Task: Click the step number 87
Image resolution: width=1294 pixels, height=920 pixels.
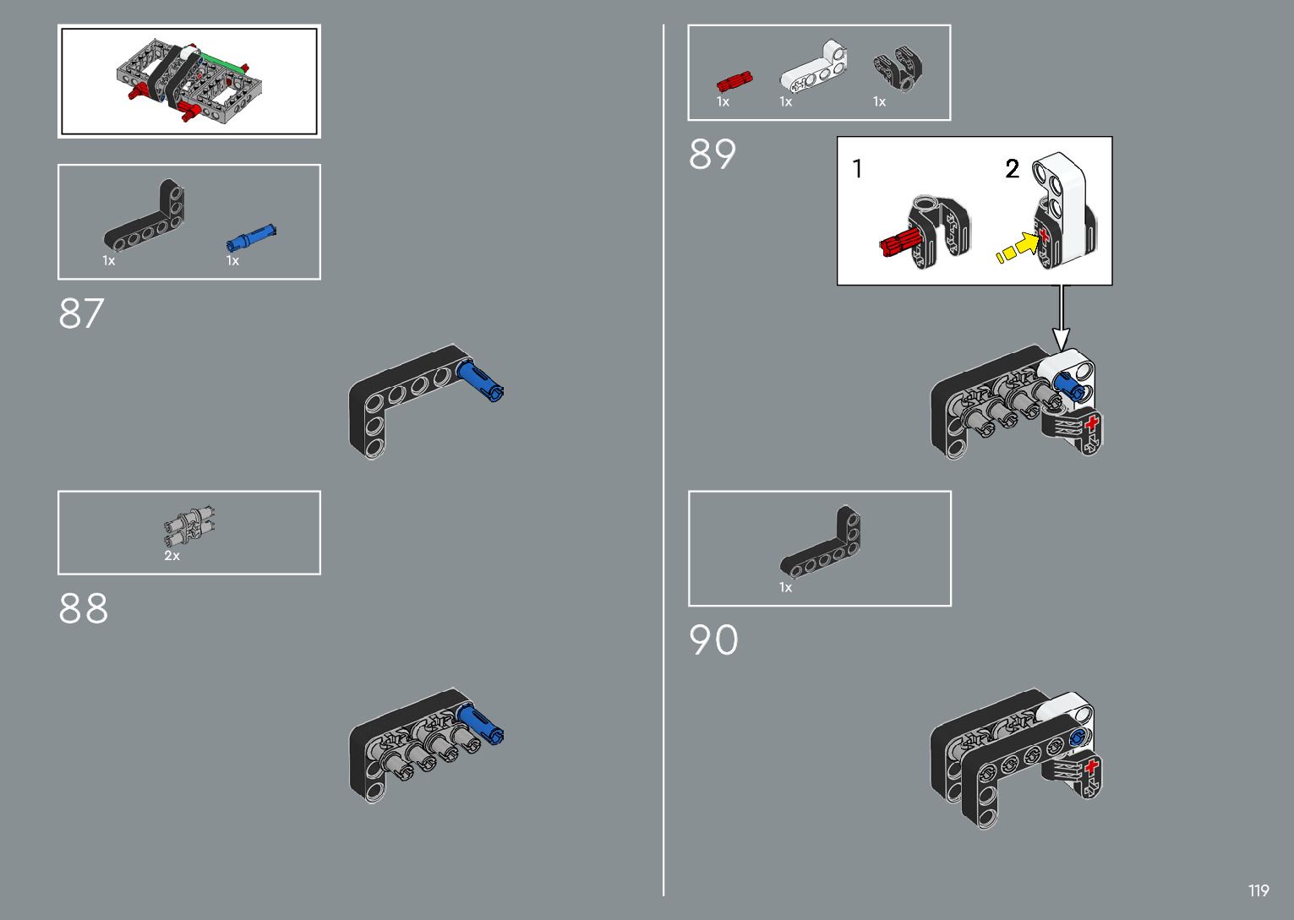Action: (x=81, y=313)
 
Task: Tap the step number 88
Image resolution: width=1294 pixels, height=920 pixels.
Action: (x=83, y=608)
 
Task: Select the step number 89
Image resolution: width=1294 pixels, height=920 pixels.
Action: (x=712, y=155)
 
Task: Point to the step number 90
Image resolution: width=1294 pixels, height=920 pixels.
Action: (x=713, y=640)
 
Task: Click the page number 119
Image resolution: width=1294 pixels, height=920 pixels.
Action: (x=1259, y=890)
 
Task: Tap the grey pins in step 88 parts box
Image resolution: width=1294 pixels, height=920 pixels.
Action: (x=189, y=526)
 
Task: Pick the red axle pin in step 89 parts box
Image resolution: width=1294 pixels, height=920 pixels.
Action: (x=734, y=81)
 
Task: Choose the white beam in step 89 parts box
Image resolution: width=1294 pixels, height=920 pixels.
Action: (x=813, y=67)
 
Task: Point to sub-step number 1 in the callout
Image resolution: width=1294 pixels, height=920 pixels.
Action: (x=857, y=169)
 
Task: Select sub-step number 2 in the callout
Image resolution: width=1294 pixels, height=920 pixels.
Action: (x=1012, y=169)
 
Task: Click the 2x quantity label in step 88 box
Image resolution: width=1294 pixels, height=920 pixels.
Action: (x=172, y=556)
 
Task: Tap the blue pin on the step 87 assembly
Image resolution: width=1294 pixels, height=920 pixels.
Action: (x=479, y=381)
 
